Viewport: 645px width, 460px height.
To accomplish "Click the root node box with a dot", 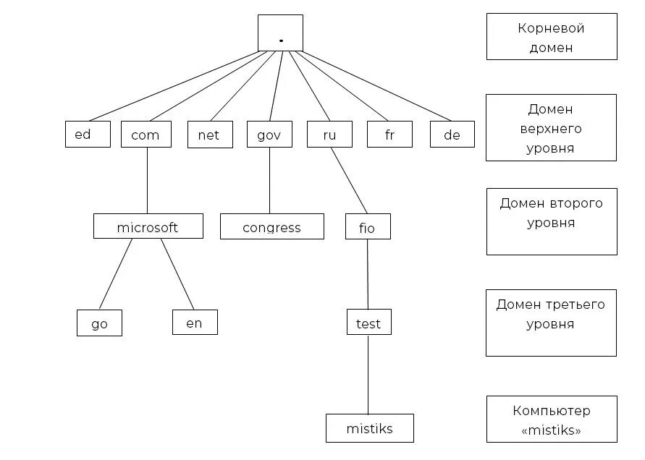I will coord(280,33).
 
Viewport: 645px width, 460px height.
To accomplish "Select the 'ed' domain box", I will coord(88,134).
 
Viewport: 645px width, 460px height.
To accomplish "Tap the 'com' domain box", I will coord(146,135).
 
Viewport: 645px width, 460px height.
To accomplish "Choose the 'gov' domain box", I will coord(269,135).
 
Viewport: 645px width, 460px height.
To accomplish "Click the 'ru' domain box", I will coord(329,135).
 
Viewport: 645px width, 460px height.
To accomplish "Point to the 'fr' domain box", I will coord(389,135).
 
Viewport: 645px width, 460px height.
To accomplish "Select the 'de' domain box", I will coord(452,135).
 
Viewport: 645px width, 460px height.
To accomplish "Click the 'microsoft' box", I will coord(148,226).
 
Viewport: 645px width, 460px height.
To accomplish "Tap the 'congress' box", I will coord(271,226).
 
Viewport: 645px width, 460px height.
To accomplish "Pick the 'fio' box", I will coord(368,226).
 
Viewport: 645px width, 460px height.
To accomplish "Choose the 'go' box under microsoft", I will coord(99,323).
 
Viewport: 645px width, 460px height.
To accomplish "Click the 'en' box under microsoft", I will coord(195,322).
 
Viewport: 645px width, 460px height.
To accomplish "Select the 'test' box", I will coord(368,322).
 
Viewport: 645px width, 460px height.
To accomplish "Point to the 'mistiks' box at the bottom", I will coord(369,428).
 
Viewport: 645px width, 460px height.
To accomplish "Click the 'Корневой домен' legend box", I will coord(552,37).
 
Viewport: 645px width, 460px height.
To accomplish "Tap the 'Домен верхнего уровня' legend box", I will coord(551,127).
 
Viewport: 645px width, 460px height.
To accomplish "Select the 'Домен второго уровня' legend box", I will coord(552,221).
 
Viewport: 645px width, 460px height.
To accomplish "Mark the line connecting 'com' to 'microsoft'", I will coord(147,181).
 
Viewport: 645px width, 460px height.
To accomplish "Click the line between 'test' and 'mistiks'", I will coord(368,374).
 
